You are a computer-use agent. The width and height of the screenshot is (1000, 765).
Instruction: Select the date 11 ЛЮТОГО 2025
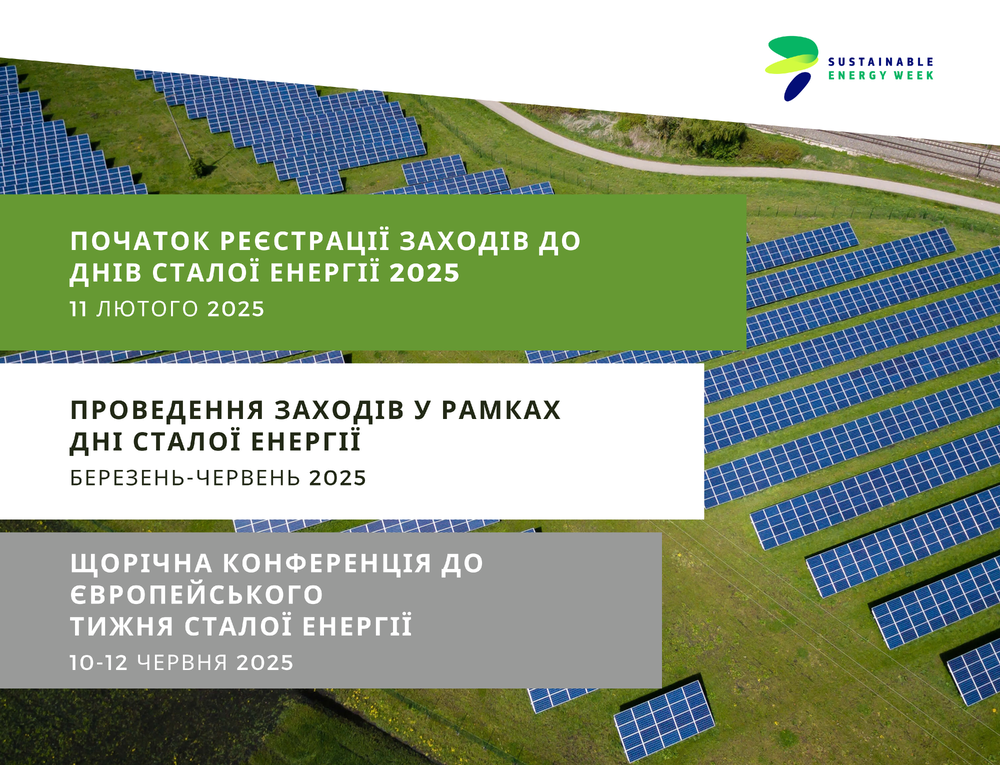167,309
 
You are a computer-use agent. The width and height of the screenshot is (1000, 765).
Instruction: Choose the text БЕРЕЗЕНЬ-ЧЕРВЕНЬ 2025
218,477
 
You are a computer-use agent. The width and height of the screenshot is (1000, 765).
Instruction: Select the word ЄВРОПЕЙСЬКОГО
196,595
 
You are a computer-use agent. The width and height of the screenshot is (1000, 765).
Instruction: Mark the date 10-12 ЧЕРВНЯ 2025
182,662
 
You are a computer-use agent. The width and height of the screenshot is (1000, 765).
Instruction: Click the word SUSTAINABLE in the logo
881,62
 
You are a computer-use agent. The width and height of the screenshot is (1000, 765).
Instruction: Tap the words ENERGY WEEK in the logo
881,75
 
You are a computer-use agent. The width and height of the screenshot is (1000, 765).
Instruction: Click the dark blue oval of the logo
797,86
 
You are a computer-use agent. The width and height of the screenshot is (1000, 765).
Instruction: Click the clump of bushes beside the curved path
709,137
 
